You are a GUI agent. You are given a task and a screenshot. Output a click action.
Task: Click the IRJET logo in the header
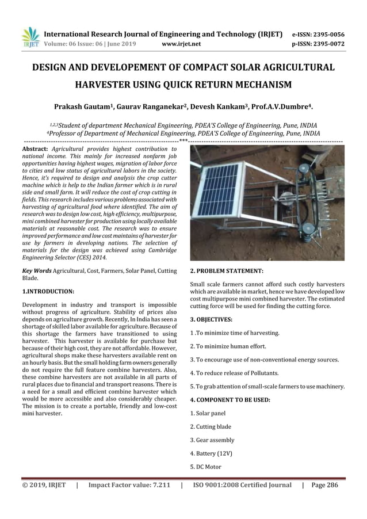(29, 37)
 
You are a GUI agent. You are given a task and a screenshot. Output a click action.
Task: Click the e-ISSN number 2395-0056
(327, 34)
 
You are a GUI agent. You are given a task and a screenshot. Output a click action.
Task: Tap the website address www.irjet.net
(182, 43)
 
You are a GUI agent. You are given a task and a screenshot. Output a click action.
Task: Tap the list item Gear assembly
(212, 440)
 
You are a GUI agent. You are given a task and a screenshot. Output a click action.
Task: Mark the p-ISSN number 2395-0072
(327, 43)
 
